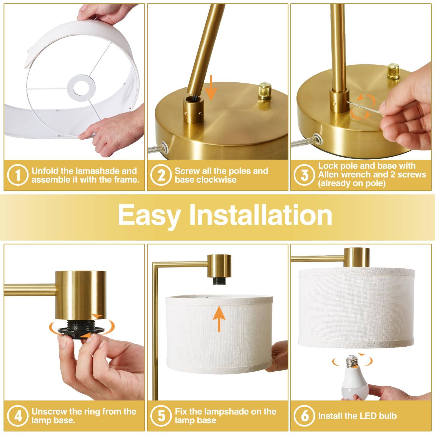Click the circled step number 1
tap(18, 175)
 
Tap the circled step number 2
tap(161, 175)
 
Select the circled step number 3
tap(304, 175)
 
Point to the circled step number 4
tap(18, 416)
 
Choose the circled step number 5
tap(161, 416)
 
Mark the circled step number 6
tap(304, 416)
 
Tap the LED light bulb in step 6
tap(352, 381)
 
